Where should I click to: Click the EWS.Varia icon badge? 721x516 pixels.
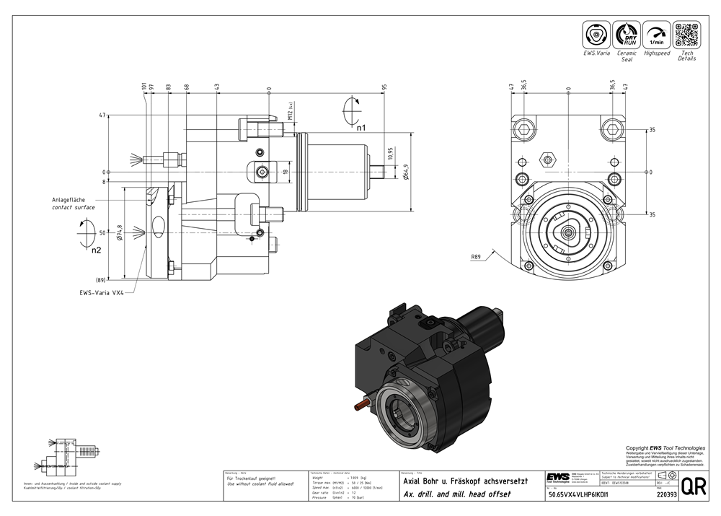[x=596, y=35]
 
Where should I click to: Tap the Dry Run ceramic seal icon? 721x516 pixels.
[x=626, y=35]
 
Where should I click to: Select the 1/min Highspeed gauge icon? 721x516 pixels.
[x=656, y=35]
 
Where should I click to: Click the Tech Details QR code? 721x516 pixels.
[x=686, y=35]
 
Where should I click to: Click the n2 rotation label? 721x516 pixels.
[x=95, y=250]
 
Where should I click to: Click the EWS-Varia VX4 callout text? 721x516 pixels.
[x=102, y=294]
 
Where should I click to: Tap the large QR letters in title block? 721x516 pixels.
[x=693, y=486]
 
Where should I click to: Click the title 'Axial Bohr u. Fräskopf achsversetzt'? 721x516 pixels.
[x=466, y=481]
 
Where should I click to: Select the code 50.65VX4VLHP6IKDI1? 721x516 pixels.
[x=579, y=496]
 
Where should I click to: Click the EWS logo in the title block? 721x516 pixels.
[x=557, y=479]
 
